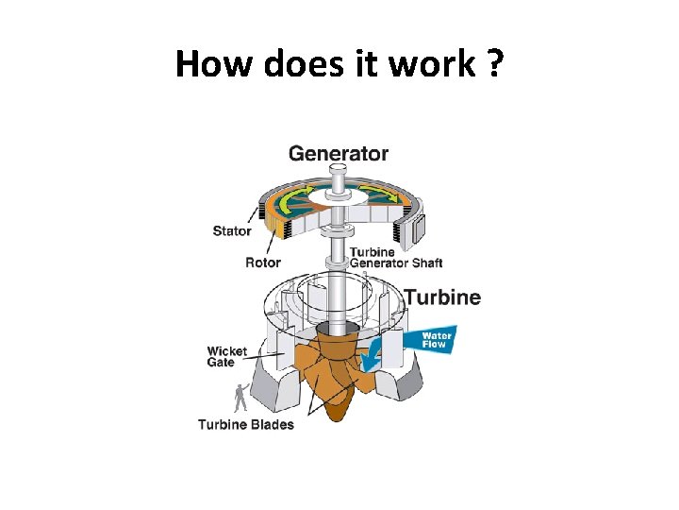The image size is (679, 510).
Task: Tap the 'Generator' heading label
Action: coord(339,152)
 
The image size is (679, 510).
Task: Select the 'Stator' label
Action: coord(232,230)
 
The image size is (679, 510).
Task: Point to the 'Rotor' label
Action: coord(263,263)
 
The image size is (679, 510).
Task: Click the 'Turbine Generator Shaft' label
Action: coord(395,257)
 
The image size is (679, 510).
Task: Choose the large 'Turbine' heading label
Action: coord(442,297)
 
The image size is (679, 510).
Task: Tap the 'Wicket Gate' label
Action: coord(226,356)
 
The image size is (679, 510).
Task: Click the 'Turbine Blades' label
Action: coord(245,425)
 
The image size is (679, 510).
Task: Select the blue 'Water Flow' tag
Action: coord(437,340)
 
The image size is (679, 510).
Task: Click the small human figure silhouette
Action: coord(241,396)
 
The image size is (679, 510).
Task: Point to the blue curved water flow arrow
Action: coord(379,354)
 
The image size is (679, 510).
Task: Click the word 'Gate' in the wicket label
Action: coord(221,363)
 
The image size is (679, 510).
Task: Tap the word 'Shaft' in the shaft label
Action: coord(426,263)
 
